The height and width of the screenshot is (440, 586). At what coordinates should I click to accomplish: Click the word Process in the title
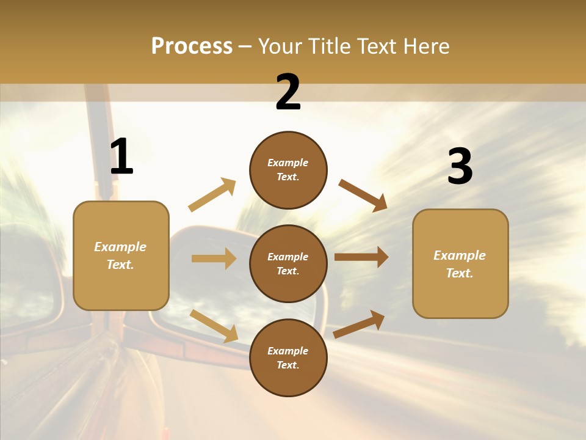click(x=192, y=46)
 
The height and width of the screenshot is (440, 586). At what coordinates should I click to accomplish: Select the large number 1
click(x=121, y=157)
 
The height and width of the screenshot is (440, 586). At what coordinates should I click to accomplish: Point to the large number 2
click(x=288, y=93)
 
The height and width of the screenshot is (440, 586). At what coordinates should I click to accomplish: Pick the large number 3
click(x=460, y=167)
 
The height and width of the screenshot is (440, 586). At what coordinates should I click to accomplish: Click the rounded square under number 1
click(x=121, y=255)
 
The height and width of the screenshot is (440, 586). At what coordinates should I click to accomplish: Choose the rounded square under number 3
click(x=460, y=263)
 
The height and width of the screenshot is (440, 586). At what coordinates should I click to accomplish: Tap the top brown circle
click(x=288, y=170)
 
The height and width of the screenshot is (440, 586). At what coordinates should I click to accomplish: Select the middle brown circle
click(x=288, y=263)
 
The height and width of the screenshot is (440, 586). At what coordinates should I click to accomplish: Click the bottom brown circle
click(x=288, y=358)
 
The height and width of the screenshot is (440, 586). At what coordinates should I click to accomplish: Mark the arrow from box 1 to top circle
click(x=212, y=195)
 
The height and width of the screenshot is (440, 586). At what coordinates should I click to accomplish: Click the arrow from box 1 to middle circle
click(x=214, y=258)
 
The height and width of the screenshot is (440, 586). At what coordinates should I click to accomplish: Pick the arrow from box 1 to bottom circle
click(x=214, y=326)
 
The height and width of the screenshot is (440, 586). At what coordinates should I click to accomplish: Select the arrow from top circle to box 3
click(x=363, y=196)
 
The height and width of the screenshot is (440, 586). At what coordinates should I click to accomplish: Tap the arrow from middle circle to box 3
click(x=361, y=257)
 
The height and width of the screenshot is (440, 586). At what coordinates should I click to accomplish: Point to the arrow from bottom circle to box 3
click(x=359, y=324)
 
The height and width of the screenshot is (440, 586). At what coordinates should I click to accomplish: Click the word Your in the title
click(x=280, y=46)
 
